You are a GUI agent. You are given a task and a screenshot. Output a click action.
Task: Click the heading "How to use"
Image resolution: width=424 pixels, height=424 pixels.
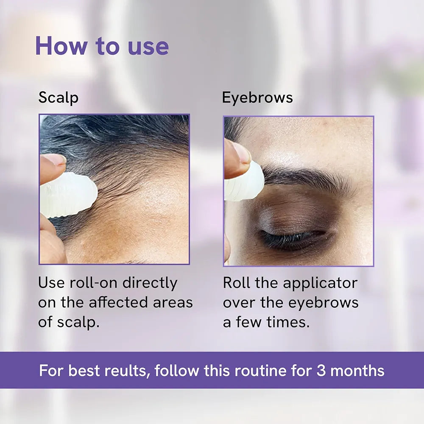point(102,46)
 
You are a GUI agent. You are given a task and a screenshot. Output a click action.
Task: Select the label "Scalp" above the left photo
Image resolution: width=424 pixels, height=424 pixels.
point(58,98)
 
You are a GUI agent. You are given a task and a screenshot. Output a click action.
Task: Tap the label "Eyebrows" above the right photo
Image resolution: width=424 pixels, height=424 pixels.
point(257,98)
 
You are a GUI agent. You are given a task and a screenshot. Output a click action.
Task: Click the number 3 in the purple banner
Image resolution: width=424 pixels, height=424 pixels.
point(321,371)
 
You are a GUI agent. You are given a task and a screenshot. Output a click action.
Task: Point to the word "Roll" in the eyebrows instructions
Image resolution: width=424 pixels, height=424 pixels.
point(237,283)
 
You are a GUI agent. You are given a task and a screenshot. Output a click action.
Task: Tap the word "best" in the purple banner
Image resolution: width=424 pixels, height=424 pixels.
point(84,371)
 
